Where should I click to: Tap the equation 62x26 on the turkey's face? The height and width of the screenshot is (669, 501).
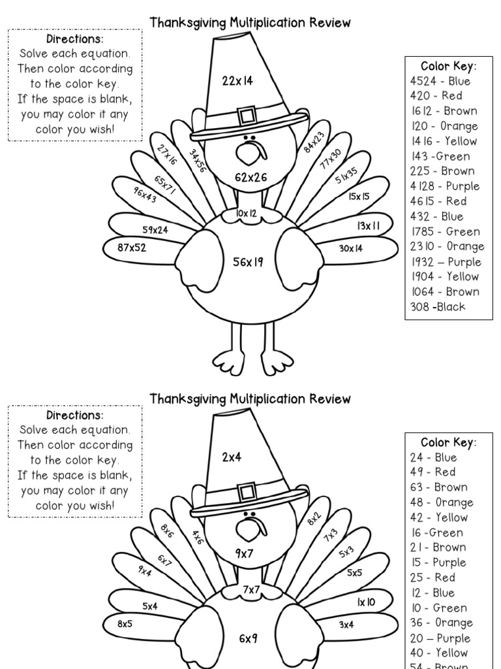tap(251, 176)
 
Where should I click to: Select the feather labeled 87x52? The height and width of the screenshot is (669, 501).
tap(132, 248)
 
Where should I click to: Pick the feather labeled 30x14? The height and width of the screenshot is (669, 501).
tap(351, 248)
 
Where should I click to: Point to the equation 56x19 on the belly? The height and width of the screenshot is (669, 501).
tap(248, 262)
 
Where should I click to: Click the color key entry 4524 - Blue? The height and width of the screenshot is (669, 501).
tap(440, 81)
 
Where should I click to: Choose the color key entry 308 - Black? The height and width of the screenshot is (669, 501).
tap(438, 307)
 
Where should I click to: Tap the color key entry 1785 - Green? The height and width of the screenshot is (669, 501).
tap(445, 231)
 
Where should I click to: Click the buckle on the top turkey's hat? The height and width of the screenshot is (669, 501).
tap(247, 116)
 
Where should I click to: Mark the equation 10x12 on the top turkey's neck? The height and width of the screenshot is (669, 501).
tap(247, 214)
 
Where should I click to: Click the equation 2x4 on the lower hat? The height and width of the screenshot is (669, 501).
tap(232, 457)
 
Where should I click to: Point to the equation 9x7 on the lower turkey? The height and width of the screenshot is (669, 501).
tap(245, 553)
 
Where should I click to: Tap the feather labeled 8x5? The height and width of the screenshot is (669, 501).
tap(125, 624)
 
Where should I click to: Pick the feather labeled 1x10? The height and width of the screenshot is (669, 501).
tap(365, 602)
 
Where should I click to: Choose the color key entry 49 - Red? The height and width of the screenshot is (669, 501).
tap(433, 472)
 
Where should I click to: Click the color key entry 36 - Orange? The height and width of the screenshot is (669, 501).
tap(441, 623)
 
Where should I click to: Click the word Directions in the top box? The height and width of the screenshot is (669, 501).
tap(75, 39)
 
